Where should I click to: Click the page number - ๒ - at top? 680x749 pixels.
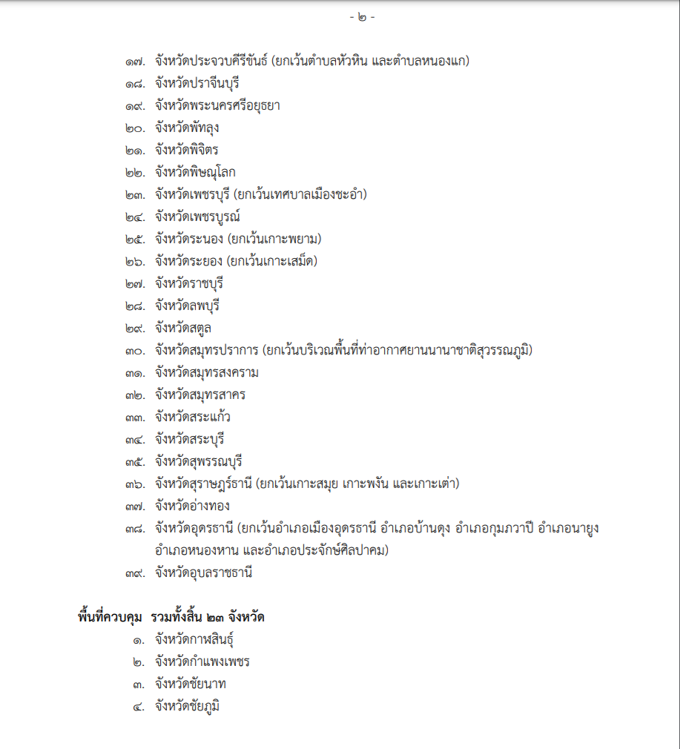point(362,17)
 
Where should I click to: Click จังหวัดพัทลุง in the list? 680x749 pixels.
point(187,128)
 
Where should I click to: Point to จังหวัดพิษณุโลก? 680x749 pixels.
point(195,172)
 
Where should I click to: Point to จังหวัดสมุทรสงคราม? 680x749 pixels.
point(207,372)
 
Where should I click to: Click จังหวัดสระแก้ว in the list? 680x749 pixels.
point(192,417)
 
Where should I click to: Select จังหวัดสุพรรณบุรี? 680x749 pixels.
point(199,461)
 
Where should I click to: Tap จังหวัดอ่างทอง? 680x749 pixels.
point(192,506)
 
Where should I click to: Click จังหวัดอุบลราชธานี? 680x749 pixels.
point(204,573)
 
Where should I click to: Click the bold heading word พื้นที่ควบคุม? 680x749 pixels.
point(110,617)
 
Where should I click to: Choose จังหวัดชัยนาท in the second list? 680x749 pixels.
point(190,684)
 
